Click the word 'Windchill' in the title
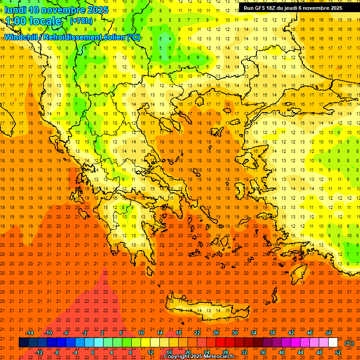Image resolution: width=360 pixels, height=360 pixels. pyautogui.click(x=22, y=37)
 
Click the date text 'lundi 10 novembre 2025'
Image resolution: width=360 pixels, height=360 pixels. pyautogui.click(x=56, y=10)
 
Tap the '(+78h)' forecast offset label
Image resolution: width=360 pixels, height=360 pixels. pyautogui.click(x=81, y=21)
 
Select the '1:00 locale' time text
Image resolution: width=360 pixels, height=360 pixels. pyautogui.click(x=34, y=21)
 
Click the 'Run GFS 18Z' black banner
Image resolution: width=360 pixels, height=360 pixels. pyautogui.click(x=292, y=8)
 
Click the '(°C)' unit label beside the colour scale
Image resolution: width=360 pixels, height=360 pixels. pyautogui.click(x=349, y=343)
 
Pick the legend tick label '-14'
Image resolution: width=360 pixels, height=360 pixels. pyautogui.click(x=30, y=333)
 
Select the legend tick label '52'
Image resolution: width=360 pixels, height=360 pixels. pyautogui.click(x=338, y=352)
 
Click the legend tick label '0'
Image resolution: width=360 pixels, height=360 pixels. pyautogui.click(x=93, y=352)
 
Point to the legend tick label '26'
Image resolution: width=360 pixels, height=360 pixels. pyautogui.click(x=216, y=333)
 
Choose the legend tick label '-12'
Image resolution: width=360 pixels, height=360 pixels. pyautogui.click(x=39, y=352)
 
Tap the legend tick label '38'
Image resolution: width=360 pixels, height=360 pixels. pyautogui.click(x=272, y=333)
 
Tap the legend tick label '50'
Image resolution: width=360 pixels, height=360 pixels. pyautogui.click(x=328, y=333)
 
